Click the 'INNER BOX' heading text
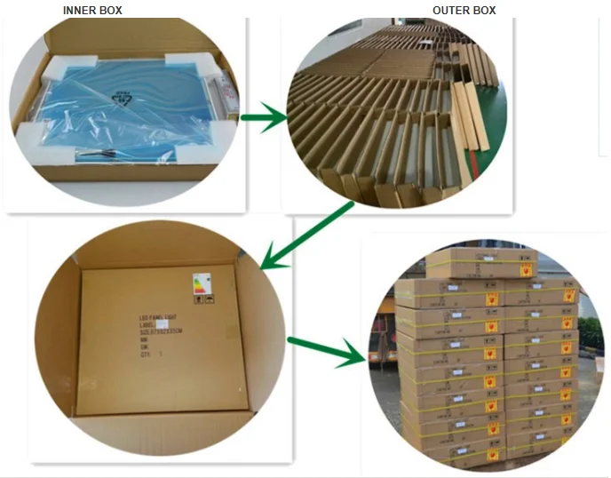click(92, 11)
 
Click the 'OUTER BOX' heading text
click(464, 11)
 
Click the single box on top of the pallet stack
click(479, 263)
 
